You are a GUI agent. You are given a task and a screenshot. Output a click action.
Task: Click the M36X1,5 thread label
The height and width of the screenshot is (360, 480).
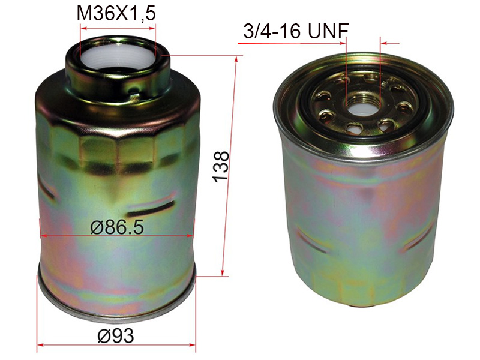point(116,14)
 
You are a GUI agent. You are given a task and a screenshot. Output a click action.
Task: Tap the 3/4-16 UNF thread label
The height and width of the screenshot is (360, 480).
point(296,31)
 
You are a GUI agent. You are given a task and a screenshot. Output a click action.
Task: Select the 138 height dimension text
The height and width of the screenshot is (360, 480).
point(221,167)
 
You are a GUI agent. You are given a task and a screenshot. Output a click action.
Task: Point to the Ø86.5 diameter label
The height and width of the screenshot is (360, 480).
point(117,227)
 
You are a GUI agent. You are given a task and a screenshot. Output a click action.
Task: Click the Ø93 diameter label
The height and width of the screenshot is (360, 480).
point(116,335)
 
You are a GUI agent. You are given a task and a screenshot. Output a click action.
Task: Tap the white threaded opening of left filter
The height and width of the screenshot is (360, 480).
point(118,56)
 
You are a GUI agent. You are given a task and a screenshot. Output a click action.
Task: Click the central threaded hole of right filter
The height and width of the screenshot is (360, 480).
point(364,105)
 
